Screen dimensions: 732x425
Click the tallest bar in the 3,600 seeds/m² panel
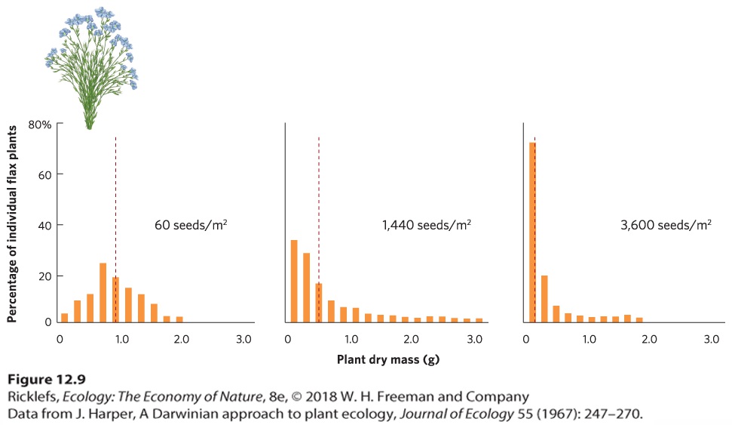point(532,233)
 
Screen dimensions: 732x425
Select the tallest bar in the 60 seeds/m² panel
point(103,293)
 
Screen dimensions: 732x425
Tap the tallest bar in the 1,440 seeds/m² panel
point(294,281)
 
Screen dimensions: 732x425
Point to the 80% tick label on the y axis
point(40,125)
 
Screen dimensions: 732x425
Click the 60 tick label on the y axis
point(44,175)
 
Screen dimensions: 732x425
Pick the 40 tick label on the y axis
point(44,226)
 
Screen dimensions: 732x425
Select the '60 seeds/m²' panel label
point(191,225)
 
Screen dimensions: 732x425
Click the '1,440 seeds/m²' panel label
point(427,225)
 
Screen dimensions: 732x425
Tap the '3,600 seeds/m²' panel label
point(666,225)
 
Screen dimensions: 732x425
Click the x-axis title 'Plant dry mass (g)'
point(388,359)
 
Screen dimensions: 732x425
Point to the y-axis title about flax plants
point(12,224)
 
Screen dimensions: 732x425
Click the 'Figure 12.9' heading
point(47,379)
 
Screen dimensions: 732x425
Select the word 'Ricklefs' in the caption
point(33,397)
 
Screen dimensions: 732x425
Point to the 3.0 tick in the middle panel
point(474,339)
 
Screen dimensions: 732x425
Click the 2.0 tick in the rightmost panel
point(649,339)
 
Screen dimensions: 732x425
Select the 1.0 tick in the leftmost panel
point(122,339)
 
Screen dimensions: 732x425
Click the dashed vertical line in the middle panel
point(319,229)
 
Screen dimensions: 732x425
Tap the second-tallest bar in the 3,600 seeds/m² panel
point(544,299)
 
